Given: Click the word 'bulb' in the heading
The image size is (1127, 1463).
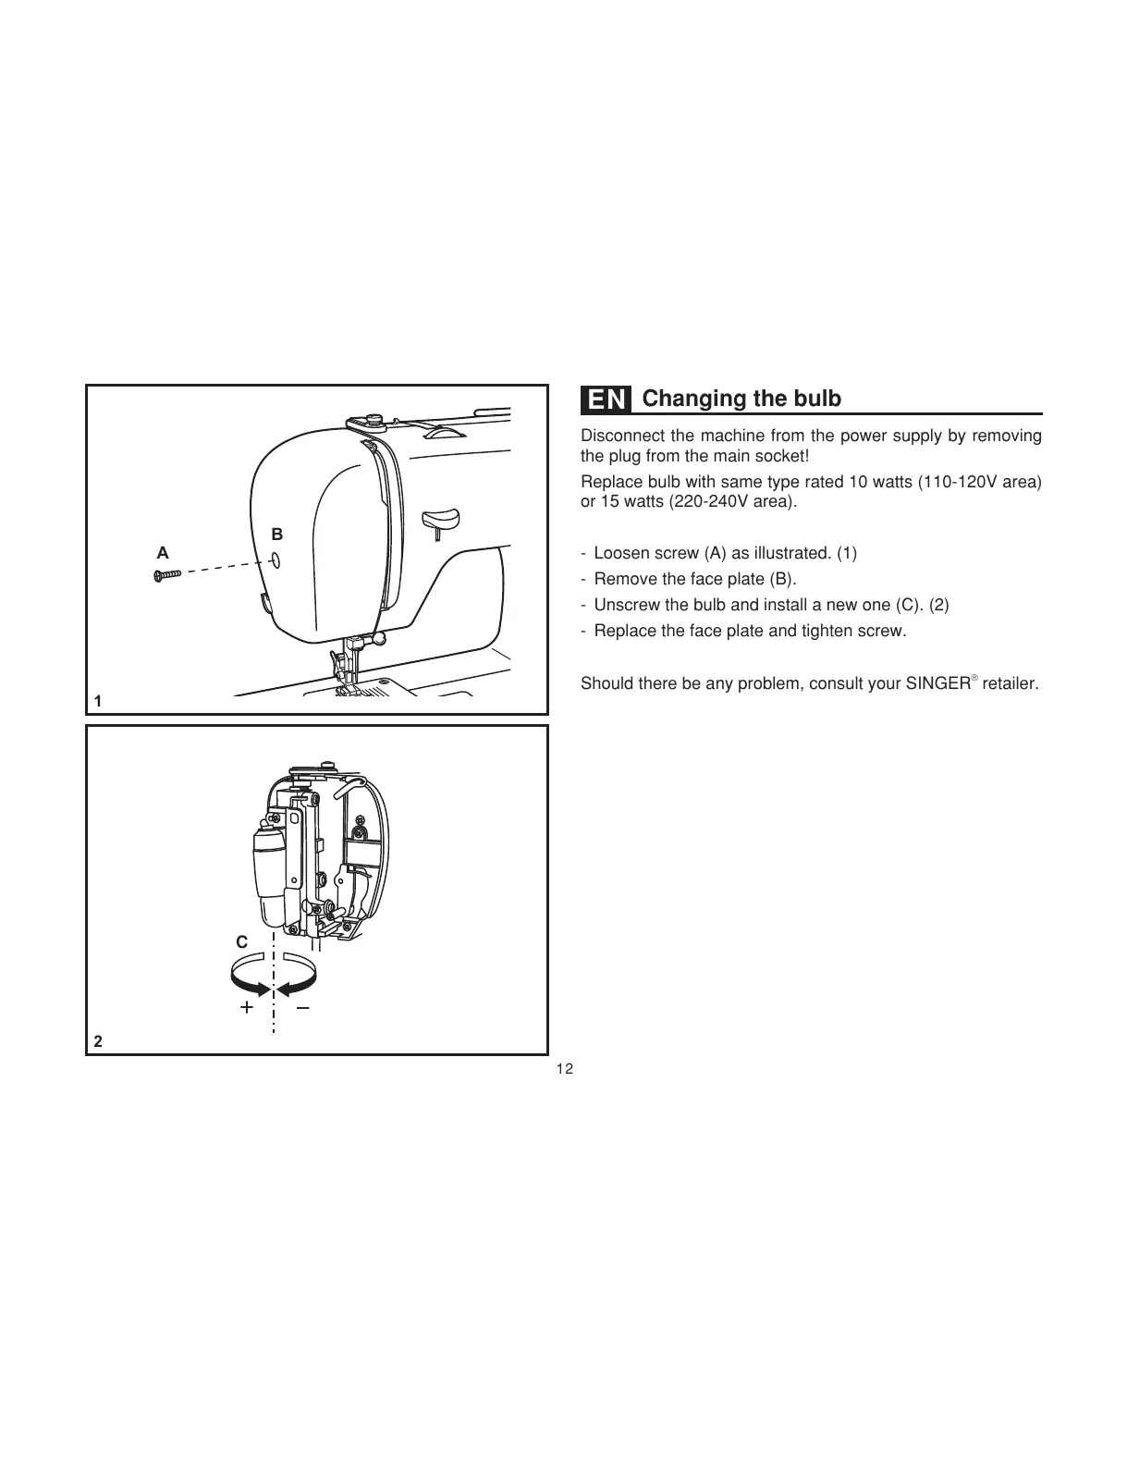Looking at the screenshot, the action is click(x=818, y=399).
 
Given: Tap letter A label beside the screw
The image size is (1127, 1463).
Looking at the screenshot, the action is click(x=163, y=553).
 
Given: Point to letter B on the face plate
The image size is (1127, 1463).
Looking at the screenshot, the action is click(x=276, y=535).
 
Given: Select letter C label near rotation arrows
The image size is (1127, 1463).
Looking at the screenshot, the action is click(x=241, y=942).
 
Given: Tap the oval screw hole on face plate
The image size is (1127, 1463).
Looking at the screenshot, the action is click(x=276, y=560).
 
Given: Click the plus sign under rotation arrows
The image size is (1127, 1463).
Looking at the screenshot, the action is click(x=246, y=1008).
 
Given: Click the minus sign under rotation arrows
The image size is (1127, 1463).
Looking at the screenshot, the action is click(x=303, y=1007).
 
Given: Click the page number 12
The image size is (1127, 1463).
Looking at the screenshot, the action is click(x=564, y=1069).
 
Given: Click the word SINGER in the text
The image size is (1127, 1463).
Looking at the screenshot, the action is click(x=936, y=684).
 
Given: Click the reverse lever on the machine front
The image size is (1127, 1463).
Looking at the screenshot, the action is click(x=442, y=517).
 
